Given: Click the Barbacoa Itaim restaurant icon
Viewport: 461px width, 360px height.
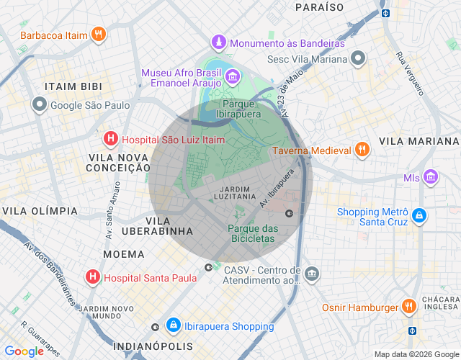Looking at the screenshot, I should (99, 34).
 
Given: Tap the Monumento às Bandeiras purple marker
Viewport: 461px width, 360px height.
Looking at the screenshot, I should (219, 43).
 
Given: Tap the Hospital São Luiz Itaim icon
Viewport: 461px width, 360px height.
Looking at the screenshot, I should (110, 139).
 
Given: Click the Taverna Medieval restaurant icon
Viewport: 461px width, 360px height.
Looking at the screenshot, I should (362, 150).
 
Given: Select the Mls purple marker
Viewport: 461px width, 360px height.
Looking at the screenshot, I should (431, 176).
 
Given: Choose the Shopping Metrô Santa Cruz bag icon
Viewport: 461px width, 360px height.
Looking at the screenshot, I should (419, 215).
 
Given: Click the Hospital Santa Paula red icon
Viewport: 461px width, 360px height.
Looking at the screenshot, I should (93, 276).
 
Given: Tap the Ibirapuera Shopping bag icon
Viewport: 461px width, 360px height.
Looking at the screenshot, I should (173, 325).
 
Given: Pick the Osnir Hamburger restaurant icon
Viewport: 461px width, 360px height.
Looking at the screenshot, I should (408, 307).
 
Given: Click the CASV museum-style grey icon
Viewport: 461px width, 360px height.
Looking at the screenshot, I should (311, 274).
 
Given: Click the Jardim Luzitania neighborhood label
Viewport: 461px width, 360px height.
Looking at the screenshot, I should (235, 191).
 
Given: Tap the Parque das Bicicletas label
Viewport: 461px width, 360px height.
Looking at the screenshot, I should (252, 233).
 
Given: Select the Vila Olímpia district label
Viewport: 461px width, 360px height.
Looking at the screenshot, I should (40, 210).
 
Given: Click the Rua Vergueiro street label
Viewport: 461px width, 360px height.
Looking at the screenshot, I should (409, 74).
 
